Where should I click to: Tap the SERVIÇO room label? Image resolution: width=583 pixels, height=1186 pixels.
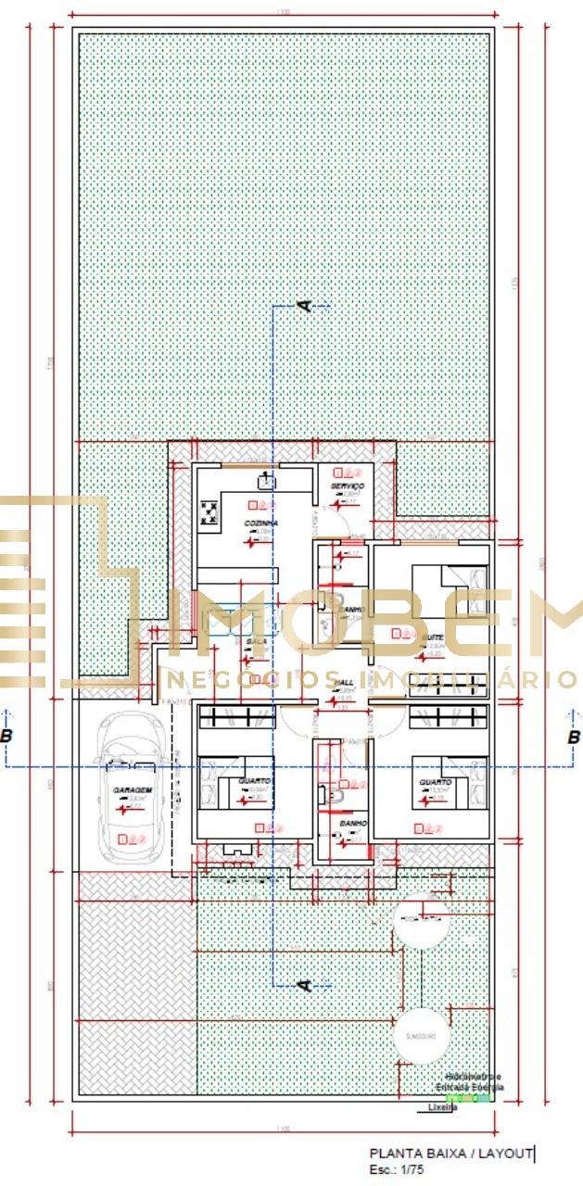(x=348, y=486)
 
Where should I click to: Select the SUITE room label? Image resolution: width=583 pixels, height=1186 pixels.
(x=432, y=638)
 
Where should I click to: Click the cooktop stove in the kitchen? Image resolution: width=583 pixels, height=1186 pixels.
(x=209, y=512)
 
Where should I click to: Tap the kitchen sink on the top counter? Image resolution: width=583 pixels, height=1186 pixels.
(x=265, y=479)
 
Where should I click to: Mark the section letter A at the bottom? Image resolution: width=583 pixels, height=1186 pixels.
(x=303, y=984)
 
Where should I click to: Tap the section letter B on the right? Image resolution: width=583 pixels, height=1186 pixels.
(x=573, y=737)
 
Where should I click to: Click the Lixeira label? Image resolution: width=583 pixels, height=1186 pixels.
(x=442, y=1107)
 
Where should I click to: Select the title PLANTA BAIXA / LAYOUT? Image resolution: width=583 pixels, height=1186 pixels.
(x=450, y=1153)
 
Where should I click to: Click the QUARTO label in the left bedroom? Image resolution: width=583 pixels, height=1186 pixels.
(x=254, y=781)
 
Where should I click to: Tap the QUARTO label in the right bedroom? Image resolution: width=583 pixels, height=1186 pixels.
(x=434, y=781)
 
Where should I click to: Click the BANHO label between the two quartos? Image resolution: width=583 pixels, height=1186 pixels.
(x=353, y=823)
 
